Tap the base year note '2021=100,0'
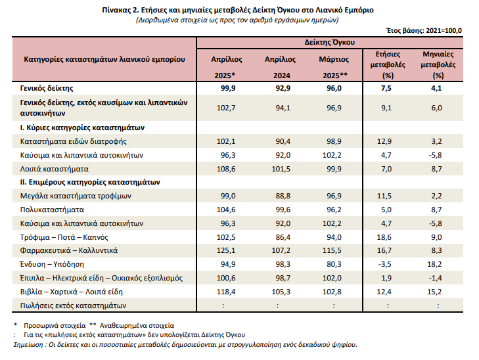point(444,30)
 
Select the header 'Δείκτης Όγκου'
point(330,42)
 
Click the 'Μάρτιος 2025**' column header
point(334,67)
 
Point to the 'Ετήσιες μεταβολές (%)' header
point(388,65)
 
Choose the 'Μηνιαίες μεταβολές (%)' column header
point(438,65)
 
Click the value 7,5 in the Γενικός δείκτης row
point(386,88)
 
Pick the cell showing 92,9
point(283,88)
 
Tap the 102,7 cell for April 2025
point(226,108)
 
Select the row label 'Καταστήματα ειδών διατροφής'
point(74,141)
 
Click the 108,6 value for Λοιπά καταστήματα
point(226,169)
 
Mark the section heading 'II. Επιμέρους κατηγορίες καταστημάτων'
point(90,182)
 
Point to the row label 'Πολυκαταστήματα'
point(52,210)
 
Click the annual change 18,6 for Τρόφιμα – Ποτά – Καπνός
point(384,237)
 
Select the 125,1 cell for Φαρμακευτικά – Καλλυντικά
point(226,251)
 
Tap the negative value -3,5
point(385,264)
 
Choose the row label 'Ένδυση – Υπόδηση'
point(52,264)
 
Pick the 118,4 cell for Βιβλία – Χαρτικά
point(226,292)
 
